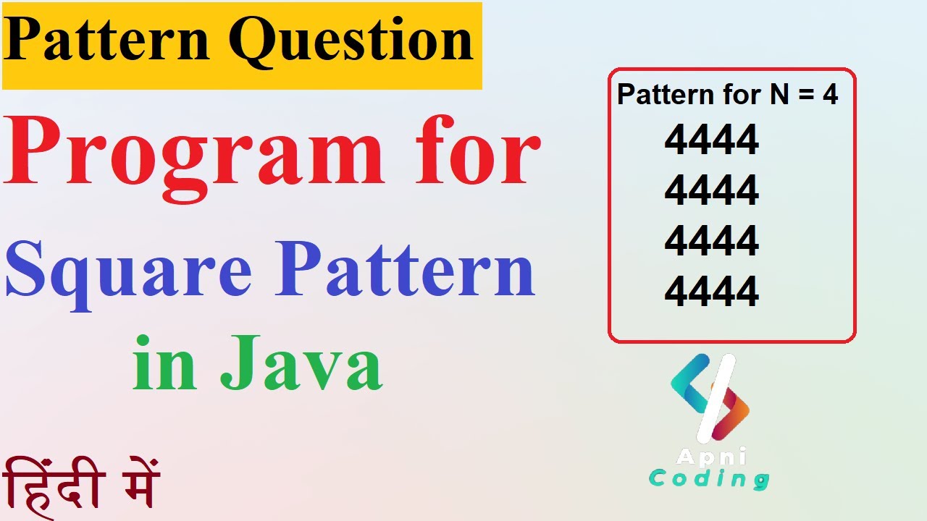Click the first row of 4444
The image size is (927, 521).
pyautogui.click(x=711, y=140)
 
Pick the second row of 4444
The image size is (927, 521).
pyautogui.click(x=711, y=191)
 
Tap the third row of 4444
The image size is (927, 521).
pyautogui.click(x=711, y=241)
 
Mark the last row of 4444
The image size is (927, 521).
pyautogui.click(x=711, y=292)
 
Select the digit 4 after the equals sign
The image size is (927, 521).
pyautogui.click(x=830, y=95)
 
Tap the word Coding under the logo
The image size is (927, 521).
pyautogui.click(x=708, y=479)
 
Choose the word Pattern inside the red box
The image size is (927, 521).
pyautogui.click(x=660, y=95)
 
